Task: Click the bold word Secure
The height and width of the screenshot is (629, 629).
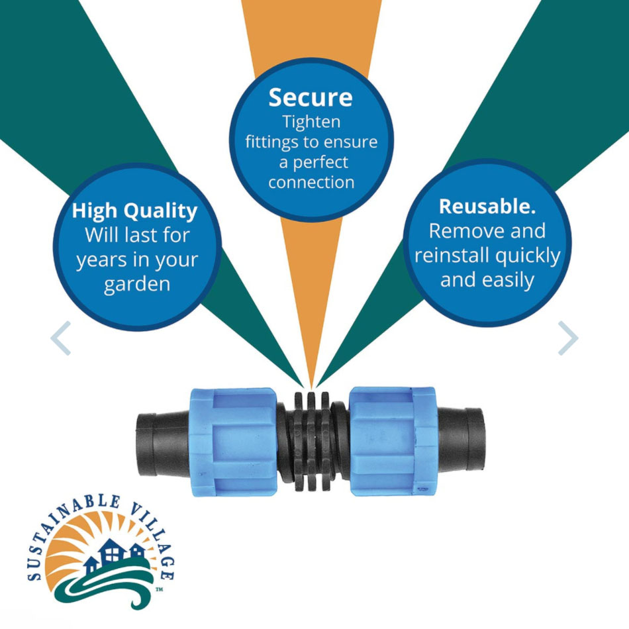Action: tap(310, 97)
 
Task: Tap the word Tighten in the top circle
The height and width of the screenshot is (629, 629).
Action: tap(311, 122)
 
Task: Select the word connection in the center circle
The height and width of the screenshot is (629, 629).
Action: tap(311, 183)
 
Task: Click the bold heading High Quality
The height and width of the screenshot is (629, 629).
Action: tap(135, 211)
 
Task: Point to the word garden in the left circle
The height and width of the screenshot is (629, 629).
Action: tap(137, 285)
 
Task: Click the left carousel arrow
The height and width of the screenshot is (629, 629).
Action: tap(61, 338)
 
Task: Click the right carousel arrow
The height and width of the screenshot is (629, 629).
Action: tap(568, 338)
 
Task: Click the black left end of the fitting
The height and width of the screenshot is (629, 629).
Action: tap(164, 442)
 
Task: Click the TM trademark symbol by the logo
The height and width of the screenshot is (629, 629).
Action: tap(160, 589)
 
